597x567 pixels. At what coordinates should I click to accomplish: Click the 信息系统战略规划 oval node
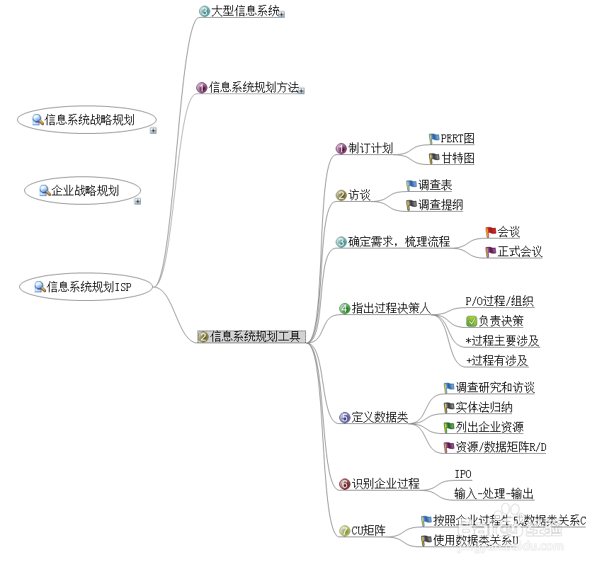click(x=86, y=120)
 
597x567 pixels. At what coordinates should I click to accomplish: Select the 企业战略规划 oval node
click(x=82, y=190)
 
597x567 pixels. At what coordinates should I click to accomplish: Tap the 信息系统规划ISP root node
click(x=86, y=287)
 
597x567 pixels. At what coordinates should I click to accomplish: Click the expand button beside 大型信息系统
click(x=282, y=13)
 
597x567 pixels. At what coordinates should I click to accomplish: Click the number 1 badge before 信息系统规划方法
click(x=202, y=88)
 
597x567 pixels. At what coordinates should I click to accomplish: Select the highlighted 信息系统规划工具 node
click(x=251, y=336)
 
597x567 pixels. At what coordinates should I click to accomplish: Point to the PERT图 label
click(x=457, y=139)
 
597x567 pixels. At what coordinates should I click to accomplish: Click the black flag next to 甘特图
click(x=434, y=159)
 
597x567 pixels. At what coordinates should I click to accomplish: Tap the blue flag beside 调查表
click(x=411, y=185)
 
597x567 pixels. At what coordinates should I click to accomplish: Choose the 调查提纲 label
click(x=440, y=205)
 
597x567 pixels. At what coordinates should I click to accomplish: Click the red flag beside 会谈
click(x=491, y=232)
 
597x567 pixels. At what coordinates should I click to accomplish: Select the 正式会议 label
click(x=520, y=252)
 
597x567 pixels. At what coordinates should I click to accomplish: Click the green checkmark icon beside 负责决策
click(x=472, y=321)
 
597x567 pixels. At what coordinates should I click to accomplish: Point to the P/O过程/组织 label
click(x=499, y=302)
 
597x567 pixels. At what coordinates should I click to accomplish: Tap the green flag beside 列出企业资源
click(x=449, y=428)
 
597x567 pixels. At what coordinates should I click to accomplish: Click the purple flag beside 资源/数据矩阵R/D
click(x=449, y=447)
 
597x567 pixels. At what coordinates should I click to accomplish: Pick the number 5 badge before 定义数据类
click(x=345, y=418)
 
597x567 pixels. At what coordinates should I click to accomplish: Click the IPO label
click(x=463, y=474)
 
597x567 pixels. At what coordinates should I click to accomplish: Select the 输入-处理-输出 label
click(x=494, y=493)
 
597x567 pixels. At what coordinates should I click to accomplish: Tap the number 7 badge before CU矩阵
click(x=345, y=530)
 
